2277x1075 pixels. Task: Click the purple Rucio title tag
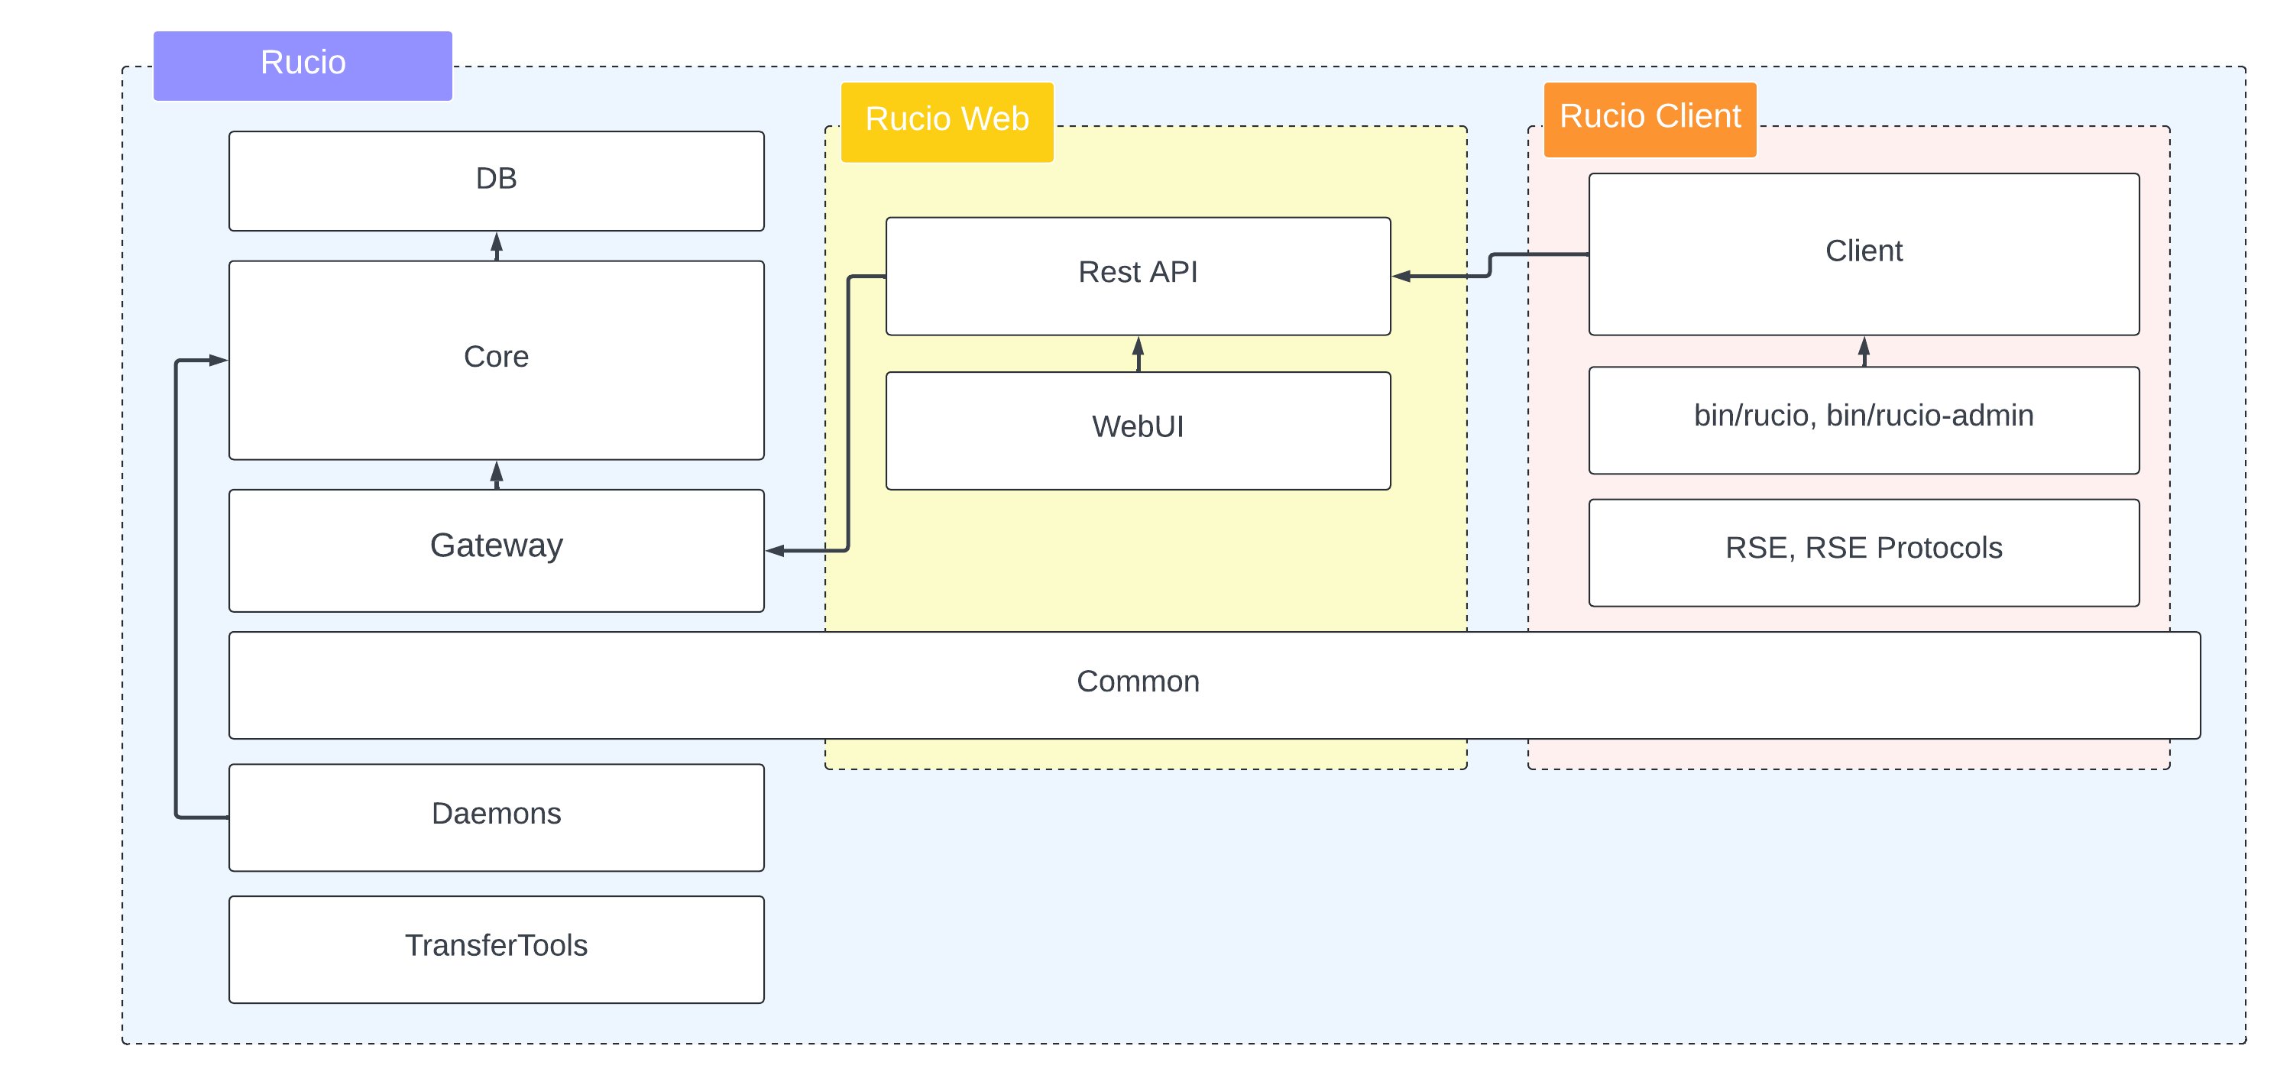[x=303, y=64]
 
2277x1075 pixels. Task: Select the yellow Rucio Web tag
[x=946, y=120]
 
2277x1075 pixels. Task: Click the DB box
[x=496, y=180]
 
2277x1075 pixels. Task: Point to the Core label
[x=496, y=357]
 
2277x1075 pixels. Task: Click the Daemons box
[x=496, y=815]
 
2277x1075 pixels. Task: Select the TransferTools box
[x=496, y=947]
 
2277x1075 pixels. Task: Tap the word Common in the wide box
[x=1138, y=682]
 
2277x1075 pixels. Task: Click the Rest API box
[x=1138, y=274]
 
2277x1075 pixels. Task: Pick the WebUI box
[x=1138, y=429]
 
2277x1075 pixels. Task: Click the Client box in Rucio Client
[x=1864, y=253]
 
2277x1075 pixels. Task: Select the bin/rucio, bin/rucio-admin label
[x=1864, y=416]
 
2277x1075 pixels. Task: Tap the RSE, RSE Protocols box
[x=1864, y=550]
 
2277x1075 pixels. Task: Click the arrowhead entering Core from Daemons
[x=219, y=360]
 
